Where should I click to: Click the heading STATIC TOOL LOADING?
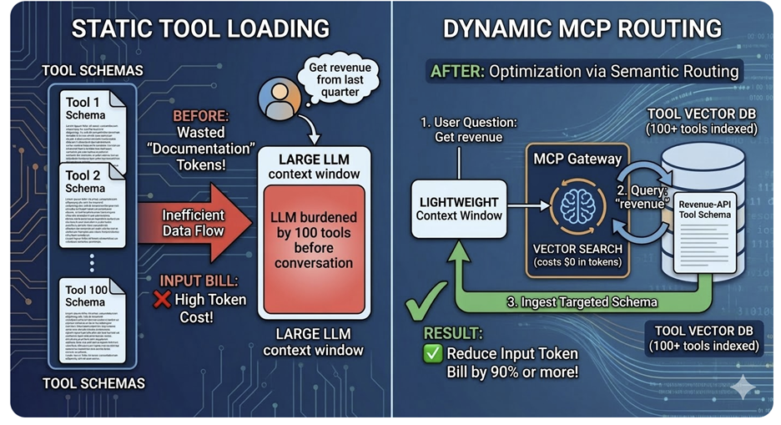(x=200, y=28)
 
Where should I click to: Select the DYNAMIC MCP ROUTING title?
(x=582, y=28)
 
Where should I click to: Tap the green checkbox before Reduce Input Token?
(x=433, y=353)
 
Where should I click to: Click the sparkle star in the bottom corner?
(x=743, y=386)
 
